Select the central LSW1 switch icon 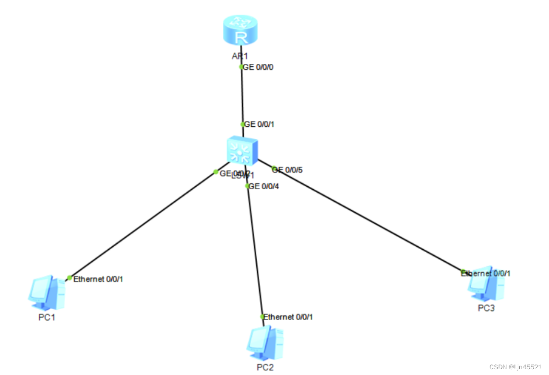[x=242, y=150]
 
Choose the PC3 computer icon [x=486, y=285]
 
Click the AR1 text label [x=240, y=56]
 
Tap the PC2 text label [x=265, y=368]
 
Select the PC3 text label [x=486, y=308]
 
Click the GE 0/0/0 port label [x=258, y=67]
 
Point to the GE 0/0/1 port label [x=260, y=124]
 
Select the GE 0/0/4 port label [x=263, y=186]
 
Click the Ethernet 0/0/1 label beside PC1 [x=98, y=279]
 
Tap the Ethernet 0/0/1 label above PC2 [x=288, y=317]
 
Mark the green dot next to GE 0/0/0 [x=241, y=67]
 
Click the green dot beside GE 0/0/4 [x=247, y=186]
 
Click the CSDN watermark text [x=518, y=367]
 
